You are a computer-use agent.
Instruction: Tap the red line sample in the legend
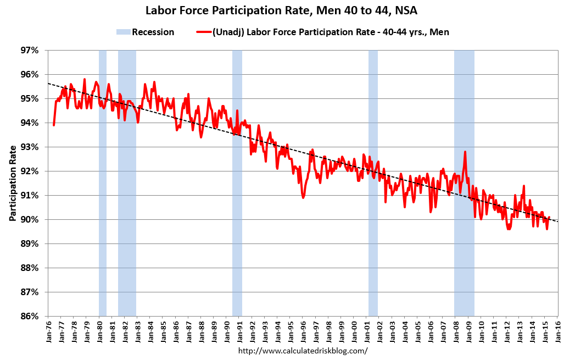(203, 32)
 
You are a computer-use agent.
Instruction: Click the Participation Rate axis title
(13, 183)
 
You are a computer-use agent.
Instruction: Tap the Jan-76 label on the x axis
(49, 331)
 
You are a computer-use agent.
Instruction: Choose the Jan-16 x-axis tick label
(558, 331)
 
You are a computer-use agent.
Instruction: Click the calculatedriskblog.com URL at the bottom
(303, 350)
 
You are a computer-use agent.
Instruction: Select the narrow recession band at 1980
(103, 181)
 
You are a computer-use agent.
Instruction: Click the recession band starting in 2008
(464, 181)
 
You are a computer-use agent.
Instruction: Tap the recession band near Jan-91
(237, 181)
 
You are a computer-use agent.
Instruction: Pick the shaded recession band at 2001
(373, 181)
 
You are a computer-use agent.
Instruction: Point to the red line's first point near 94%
(54, 125)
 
